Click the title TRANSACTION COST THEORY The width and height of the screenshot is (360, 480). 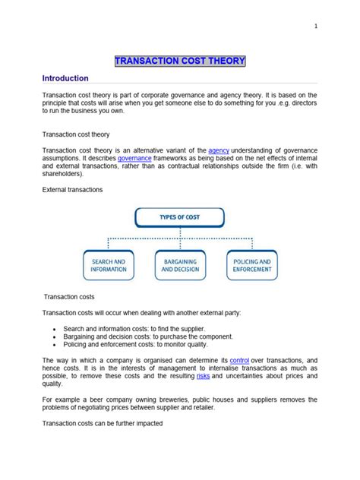[180, 61]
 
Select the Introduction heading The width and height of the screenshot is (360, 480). [65, 78]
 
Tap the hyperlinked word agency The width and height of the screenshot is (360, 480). [219, 150]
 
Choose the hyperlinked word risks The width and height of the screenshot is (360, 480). [203, 375]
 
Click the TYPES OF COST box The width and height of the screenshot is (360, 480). [180, 218]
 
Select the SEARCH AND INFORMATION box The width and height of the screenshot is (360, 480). [109, 265]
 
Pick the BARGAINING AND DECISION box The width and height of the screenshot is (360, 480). [180, 265]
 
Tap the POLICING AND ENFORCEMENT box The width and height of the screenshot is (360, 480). [251, 265]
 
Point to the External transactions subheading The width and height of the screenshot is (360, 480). [73, 188]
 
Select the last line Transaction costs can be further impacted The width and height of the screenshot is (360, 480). [103, 423]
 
